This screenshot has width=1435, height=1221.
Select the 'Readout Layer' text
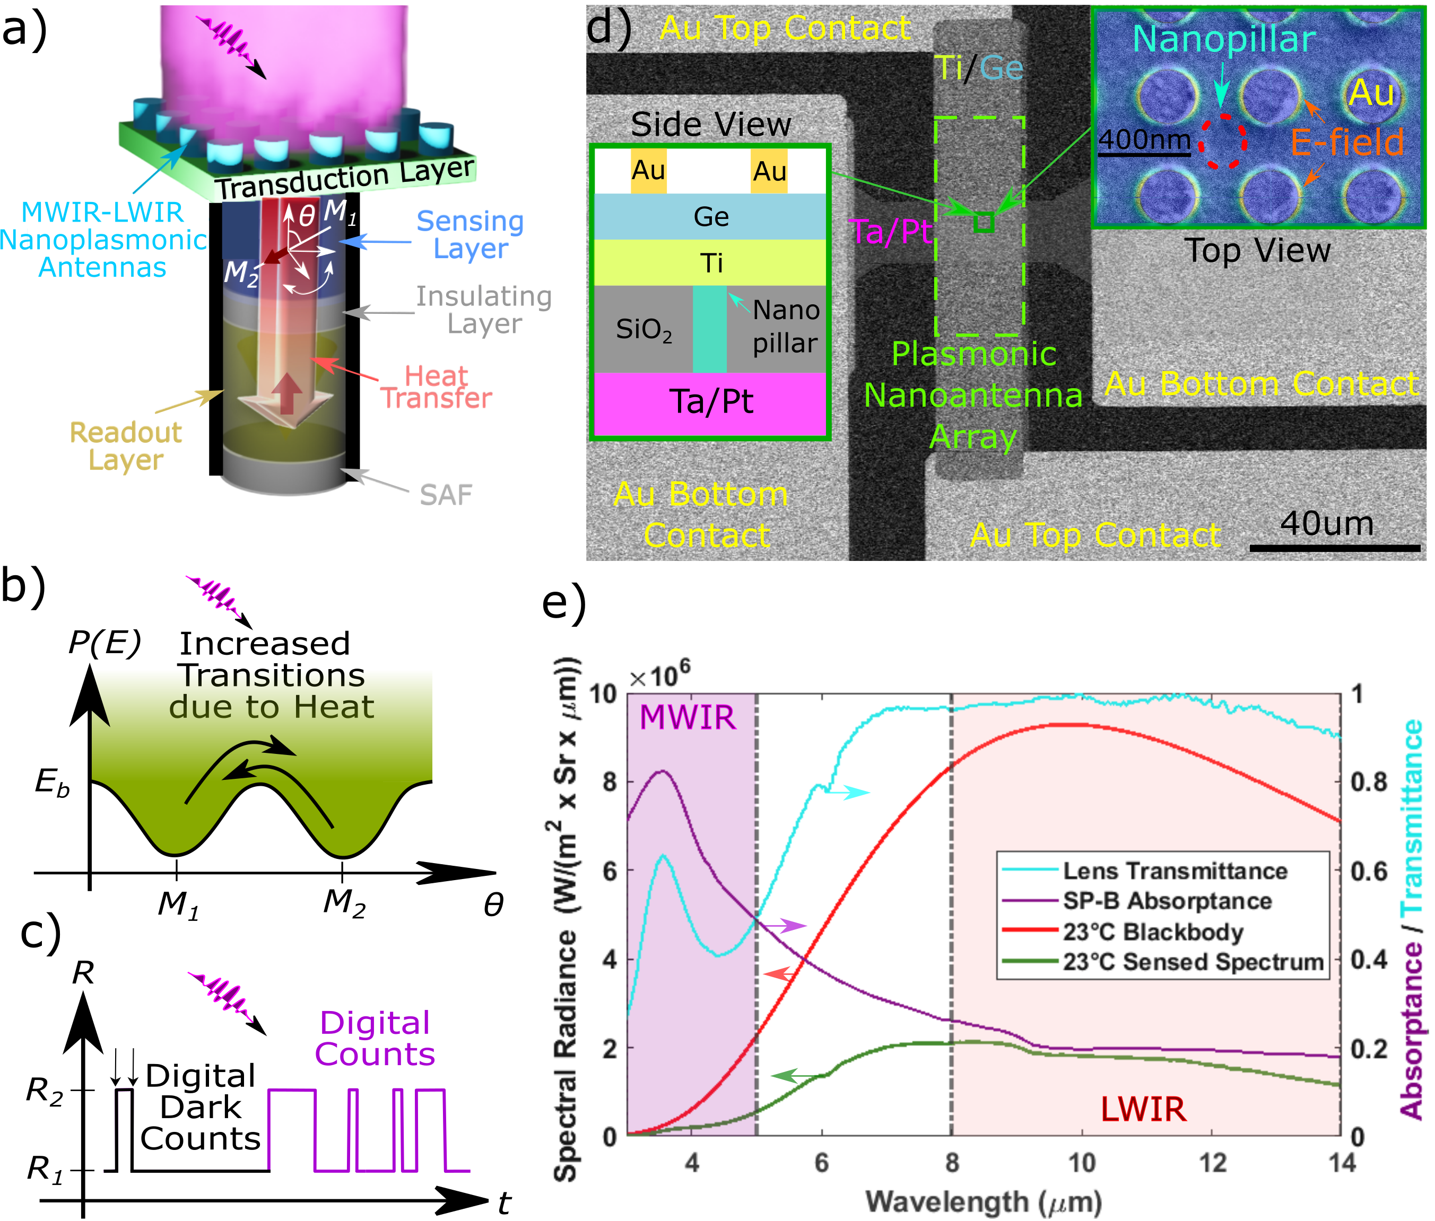126,446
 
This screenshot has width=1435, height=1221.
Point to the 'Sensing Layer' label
470,235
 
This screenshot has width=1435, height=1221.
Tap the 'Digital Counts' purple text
375,1038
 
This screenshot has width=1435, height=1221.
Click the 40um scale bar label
1326,524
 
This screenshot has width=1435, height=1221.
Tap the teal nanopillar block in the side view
710,329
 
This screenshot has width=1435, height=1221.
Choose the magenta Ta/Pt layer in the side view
710,403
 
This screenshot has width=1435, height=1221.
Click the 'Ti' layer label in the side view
711,263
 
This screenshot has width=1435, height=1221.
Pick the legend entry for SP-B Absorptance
1167,901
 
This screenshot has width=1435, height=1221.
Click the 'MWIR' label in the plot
687,717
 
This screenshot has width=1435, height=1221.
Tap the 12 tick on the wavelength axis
1213,1164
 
